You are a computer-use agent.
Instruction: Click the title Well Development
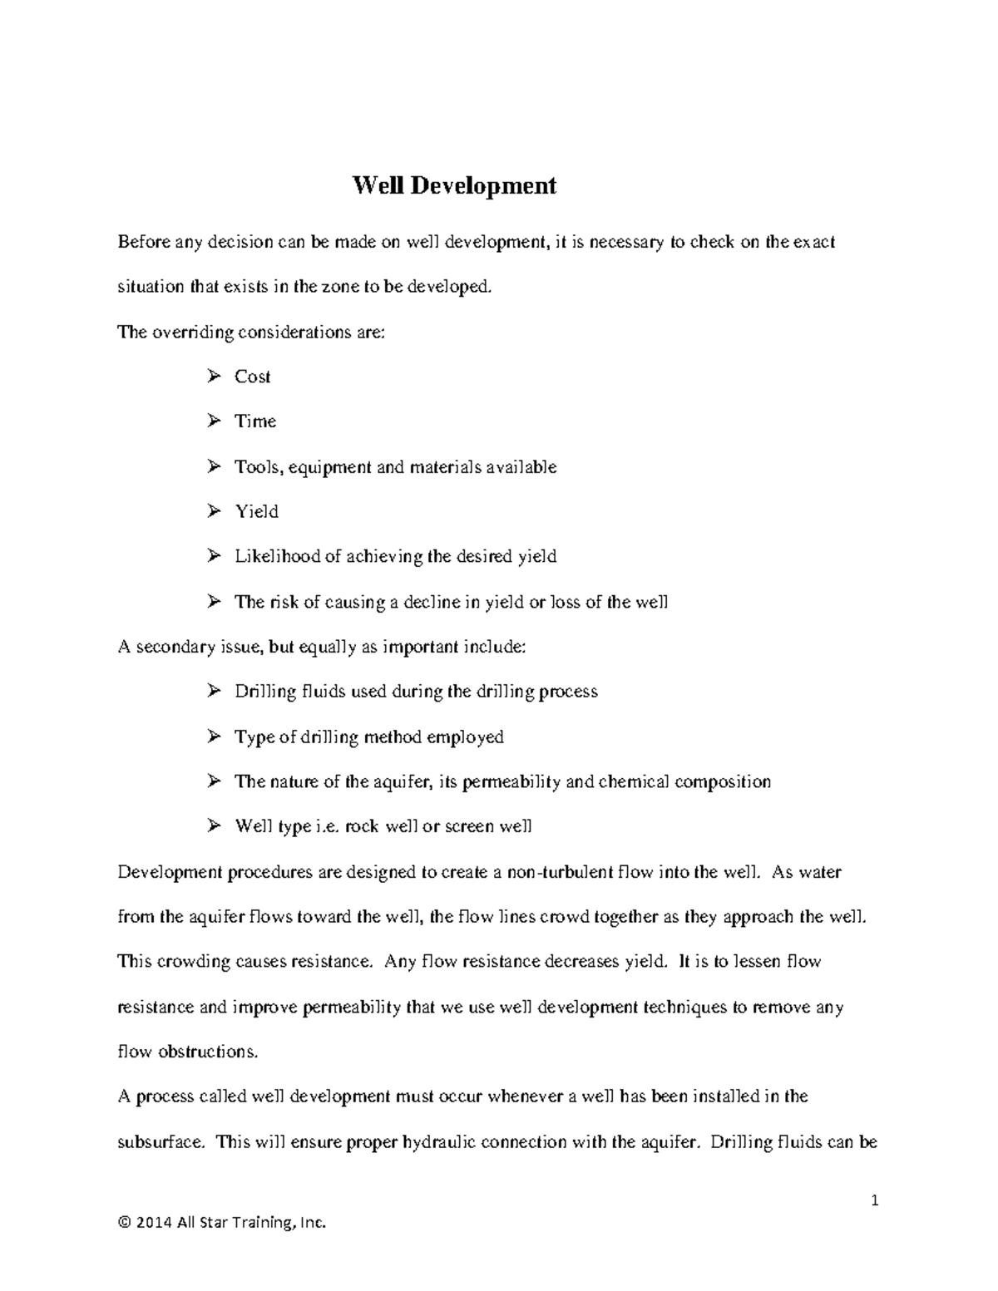click(x=454, y=185)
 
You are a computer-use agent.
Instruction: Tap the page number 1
click(x=874, y=1200)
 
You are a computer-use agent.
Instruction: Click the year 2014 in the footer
click(x=151, y=1223)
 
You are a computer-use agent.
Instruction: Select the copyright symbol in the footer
click(x=124, y=1223)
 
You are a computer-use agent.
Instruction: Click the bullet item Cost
click(x=252, y=377)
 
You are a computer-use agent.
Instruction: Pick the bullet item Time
click(x=254, y=421)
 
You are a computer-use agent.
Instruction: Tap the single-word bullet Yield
click(x=256, y=511)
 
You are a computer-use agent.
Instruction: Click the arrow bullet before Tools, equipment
click(x=214, y=466)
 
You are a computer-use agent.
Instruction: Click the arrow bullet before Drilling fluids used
click(x=214, y=692)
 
